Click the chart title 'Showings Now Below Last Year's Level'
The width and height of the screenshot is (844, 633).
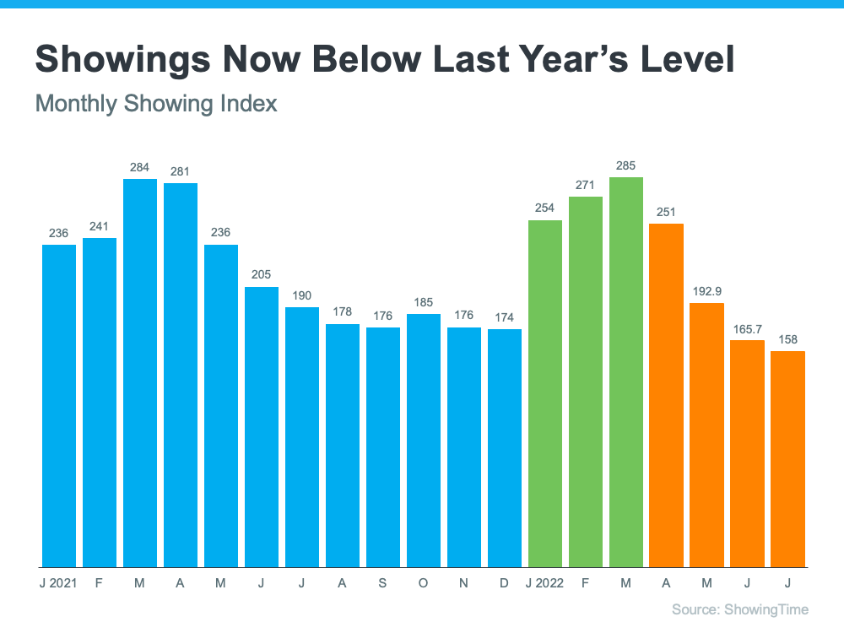pyautogui.click(x=385, y=60)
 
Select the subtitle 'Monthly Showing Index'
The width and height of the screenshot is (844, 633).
pyautogui.click(x=156, y=104)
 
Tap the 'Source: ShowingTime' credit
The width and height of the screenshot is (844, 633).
pyautogui.click(x=740, y=609)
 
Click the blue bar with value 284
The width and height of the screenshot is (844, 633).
pyautogui.click(x=140, y=372)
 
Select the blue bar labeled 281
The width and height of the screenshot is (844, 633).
pyautogui.click(x=181, y=374)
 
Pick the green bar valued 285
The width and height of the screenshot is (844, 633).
pyautogui.click(x=626, y=371)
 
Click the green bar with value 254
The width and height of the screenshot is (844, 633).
pyautogui.click(x=545, y=393)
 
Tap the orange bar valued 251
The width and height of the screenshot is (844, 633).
pyautogui.click(x=667, y=395)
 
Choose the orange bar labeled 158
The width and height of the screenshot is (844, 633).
pyautogui.click(x=788, y=458)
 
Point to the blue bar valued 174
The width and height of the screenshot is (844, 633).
pyautogui.click(x=505, y=447)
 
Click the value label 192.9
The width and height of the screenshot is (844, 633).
pyautogui.click(x=707, y=290)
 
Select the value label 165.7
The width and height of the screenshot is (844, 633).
pyautogui.click(x=748, y=328)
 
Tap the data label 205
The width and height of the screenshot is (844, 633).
pyautogui.click(x=262, y=275)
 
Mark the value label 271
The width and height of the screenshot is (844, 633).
pyautogui.click(x=586, y=185)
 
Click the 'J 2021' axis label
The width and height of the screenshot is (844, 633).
pyautogui.click(x=58, y=582)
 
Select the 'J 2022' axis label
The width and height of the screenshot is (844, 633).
pyautogui.click(x=544, y=582)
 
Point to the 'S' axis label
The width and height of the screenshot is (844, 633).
pyautogui.click(x=383, y=582)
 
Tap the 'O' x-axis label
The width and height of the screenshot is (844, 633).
pyautogui.click(x=424, y=582)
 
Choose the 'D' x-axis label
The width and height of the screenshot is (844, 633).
pyautogui.click(x=505, y=582)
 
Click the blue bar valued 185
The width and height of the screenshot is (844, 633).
pyautogui.click(x=424, y=440)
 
